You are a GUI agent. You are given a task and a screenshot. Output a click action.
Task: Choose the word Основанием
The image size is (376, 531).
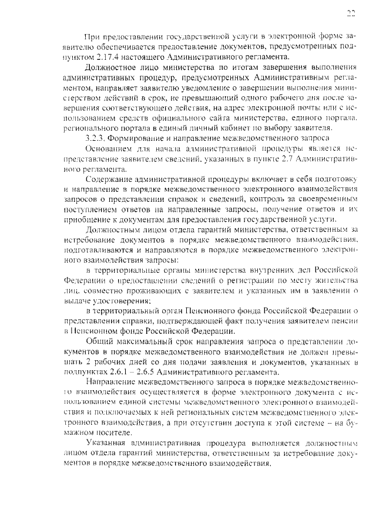pos(108,148)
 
